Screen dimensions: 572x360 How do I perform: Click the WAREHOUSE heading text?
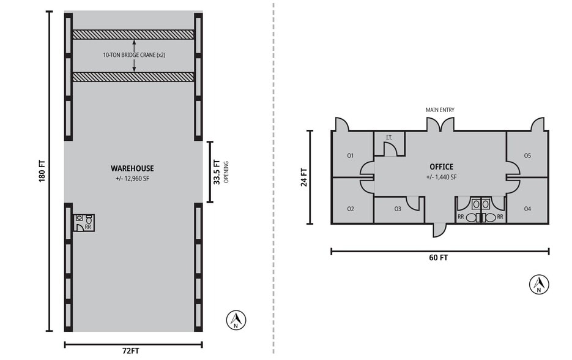[132, 168]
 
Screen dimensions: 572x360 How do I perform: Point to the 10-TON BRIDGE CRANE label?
[134, 55]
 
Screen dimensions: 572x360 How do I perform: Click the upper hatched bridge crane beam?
[133, 35]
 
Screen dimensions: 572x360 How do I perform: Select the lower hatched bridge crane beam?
[133, 77]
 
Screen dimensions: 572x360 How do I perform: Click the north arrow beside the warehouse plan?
[236, 320]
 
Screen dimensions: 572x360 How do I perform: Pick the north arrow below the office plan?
[539, 284]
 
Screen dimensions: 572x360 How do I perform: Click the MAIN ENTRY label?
[440, 110]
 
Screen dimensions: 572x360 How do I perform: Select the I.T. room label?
[389, 138]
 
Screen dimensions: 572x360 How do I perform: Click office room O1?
[351, 156]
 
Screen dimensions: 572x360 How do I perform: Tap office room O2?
[351, 209]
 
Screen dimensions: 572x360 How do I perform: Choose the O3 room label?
[398, 209]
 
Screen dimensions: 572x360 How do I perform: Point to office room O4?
[527, 209]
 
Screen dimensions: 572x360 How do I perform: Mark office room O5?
[527, 156]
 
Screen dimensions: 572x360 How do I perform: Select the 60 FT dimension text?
[439, 258]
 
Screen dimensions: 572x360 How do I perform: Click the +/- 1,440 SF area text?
[441, 177]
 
